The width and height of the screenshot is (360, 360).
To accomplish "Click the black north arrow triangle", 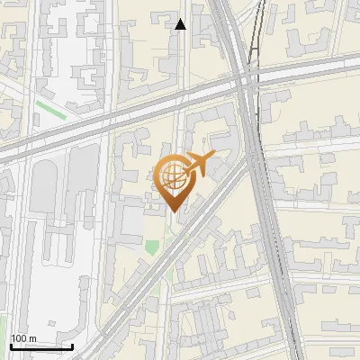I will [x=181, y=24].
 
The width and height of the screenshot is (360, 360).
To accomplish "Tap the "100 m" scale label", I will [x=23, y=338].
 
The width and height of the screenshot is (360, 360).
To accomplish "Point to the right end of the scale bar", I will [x=72, y=346].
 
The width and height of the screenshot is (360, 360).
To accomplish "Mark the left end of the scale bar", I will [x=10, y=346].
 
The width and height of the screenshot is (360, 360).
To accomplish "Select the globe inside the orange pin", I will [x=173, y=178].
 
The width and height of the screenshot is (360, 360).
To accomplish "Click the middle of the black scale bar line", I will [x=41, y=346].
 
